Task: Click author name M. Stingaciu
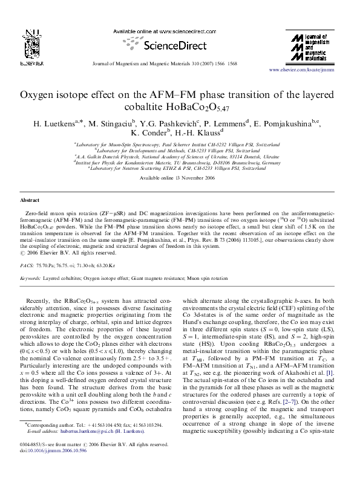click(110, 123)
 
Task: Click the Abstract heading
click(30, 199)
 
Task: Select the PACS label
click(27, 265)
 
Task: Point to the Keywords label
click(30, 278)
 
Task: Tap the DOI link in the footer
click(49, 465)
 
